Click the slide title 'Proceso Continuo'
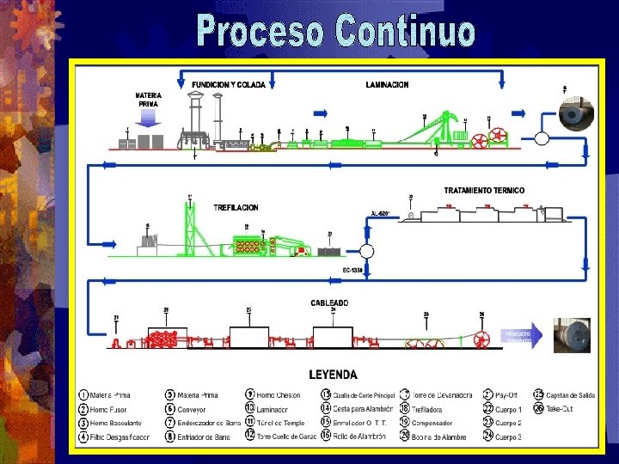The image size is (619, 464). (335, 31)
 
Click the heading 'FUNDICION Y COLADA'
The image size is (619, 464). (229, 85)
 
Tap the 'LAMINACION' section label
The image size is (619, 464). (387, 85)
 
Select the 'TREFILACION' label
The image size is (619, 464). (236, 208)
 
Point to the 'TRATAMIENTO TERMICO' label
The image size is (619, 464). (483, 190)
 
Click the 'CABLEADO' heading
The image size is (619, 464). (329, 302)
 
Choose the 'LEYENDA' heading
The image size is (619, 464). (333, 375)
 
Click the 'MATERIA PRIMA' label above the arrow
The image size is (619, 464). (148, 99)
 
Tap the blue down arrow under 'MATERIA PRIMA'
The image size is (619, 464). (149, 118)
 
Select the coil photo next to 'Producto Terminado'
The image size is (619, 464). (572, 336)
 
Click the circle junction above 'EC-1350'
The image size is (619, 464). (366, 251)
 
